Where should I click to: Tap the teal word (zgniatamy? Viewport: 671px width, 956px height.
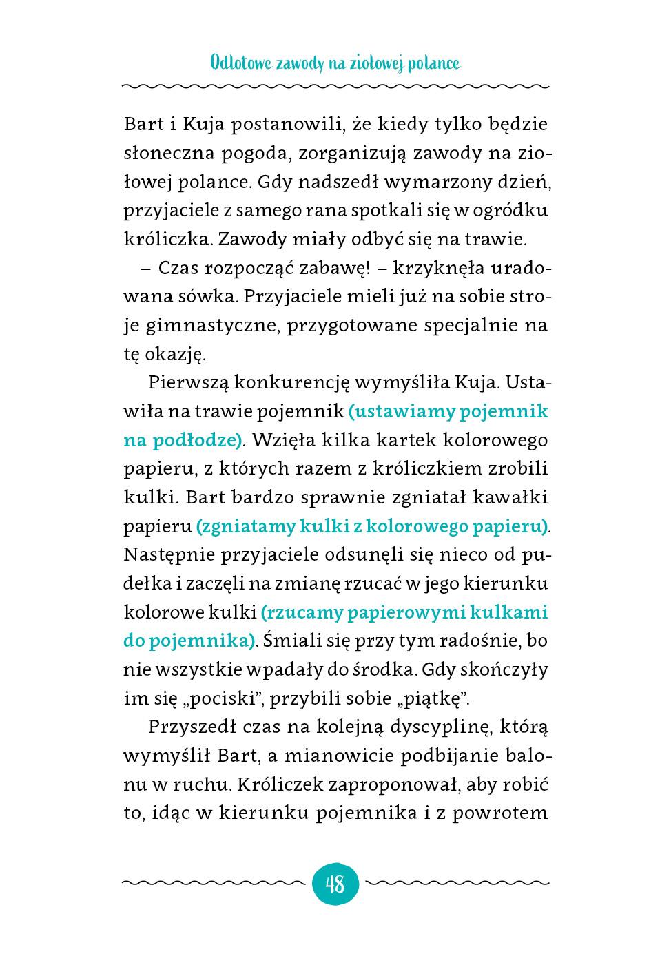245,526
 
